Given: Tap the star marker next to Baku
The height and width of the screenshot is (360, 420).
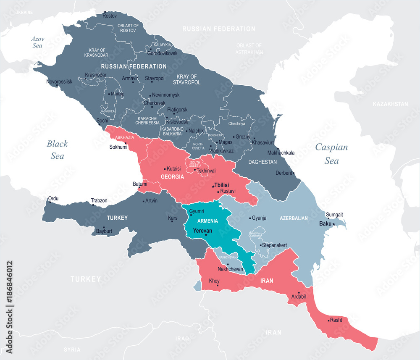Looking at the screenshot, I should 334,224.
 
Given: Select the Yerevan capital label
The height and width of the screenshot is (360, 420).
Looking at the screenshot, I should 202,231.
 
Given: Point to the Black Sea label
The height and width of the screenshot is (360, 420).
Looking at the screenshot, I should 57,150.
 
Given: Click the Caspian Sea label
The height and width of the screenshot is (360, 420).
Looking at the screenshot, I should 331,153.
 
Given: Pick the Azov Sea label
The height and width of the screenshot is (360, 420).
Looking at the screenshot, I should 37,42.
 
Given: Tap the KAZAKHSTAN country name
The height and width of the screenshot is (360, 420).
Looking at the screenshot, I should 390,104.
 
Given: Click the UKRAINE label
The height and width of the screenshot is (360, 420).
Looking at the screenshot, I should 24,13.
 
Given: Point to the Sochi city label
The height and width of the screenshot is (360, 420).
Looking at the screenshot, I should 102,121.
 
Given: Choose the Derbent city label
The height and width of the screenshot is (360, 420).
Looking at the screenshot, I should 283,173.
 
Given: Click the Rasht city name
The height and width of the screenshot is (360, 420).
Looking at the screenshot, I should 336,319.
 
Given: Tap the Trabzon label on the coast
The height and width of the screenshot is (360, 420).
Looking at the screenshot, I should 99,200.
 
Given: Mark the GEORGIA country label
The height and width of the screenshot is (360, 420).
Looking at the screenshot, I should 172,177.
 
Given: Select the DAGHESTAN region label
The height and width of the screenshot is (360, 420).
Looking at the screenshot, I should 262,162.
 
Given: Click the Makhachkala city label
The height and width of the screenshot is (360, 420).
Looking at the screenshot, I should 281,153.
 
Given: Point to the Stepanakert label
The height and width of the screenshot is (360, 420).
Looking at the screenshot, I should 274,244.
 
